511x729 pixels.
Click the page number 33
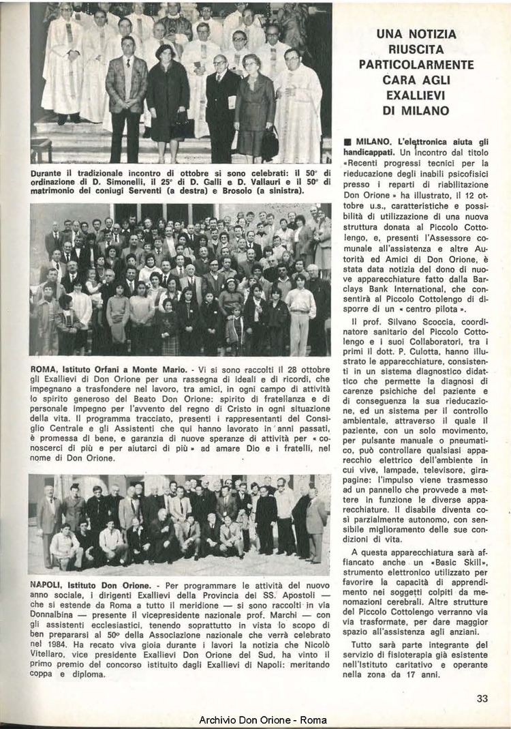point(482,698)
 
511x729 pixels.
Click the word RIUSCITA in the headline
point(417,49)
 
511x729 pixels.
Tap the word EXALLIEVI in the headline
point(417,95)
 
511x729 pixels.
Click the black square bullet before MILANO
point(347,140)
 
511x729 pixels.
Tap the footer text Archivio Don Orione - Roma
point(263,720)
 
